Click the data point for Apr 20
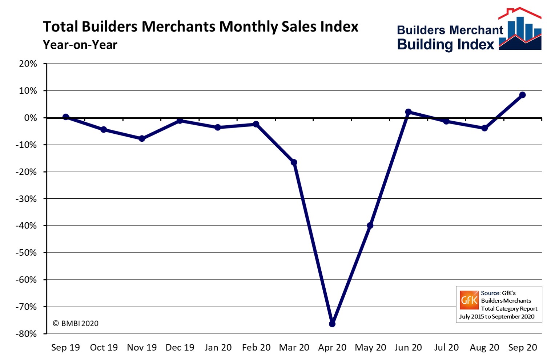(x=332, y=324)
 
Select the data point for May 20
(x=370, y=226)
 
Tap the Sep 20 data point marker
(x=522, y=95)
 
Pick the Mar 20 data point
(x=294, y=162)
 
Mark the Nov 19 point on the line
(x=142, y=138)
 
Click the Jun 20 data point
(x=408, y=112)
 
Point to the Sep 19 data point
(x=66, y=117)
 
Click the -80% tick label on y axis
(x=26, y=334)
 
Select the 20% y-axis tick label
(x=28, y=64)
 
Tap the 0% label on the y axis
(x=31, y=118)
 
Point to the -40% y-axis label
(x=26, y=226)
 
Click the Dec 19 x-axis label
(x=180, y=348)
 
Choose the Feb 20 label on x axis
(x=256, y=348)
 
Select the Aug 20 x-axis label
(x=484, y=348)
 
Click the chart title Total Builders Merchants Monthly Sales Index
(x=201, y=27)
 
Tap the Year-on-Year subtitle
(x=80, y=45)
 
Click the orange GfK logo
(x=469, y=300)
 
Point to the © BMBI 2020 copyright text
(x=76, y=323)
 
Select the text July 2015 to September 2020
(x=497, y=316)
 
